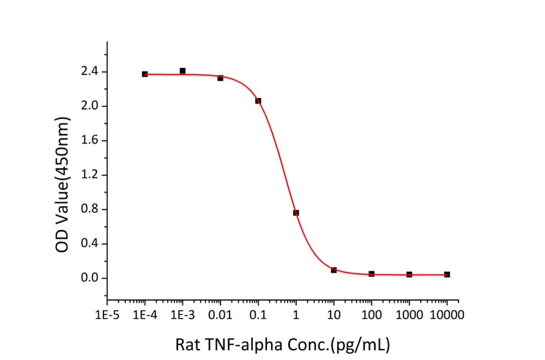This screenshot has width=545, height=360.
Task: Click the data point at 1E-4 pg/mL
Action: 145,74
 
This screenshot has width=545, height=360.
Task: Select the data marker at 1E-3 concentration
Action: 182,71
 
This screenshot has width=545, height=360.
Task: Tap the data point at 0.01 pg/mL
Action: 220,78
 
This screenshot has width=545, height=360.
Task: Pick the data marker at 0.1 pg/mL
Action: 258,101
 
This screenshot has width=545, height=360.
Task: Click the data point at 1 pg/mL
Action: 296,213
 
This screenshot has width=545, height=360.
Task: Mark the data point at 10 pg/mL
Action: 334,270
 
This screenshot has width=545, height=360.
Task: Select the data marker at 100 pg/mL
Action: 371,274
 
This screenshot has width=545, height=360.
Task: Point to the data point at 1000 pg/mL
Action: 409,275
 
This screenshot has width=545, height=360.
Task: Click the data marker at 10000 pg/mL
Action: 447,275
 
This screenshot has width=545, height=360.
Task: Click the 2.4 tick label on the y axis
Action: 89,72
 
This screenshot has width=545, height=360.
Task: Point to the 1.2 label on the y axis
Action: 89,175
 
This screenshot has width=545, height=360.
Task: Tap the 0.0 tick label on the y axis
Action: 89,279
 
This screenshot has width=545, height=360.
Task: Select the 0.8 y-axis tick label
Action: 89,210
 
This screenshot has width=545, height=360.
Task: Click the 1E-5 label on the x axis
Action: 107,315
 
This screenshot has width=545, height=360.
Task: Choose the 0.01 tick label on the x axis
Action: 220,315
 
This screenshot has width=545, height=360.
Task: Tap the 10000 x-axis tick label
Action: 447,315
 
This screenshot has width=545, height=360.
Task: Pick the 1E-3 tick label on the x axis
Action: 182,315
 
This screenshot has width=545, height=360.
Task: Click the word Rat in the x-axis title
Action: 186,345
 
